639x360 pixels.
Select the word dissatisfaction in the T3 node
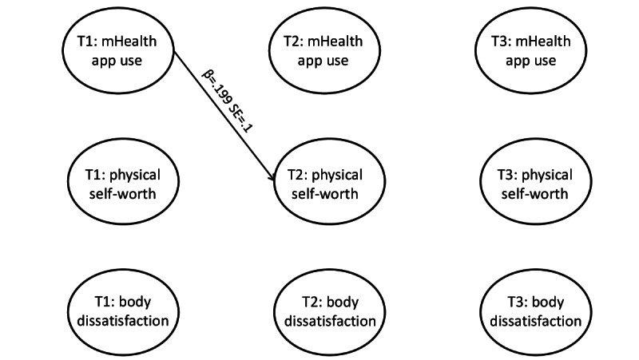coord(531,322)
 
